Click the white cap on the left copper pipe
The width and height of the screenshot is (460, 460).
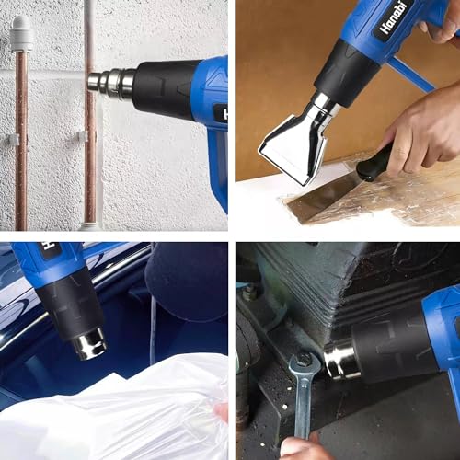point(20,32)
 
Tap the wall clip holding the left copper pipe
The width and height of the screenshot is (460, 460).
point(12,140)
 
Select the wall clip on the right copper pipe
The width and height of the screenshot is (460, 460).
point(84,136)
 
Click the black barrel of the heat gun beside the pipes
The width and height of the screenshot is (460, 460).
point(166,90)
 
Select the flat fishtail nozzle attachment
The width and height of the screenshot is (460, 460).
point(293,138)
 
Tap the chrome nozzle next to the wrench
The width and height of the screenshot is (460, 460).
point(340,359)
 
